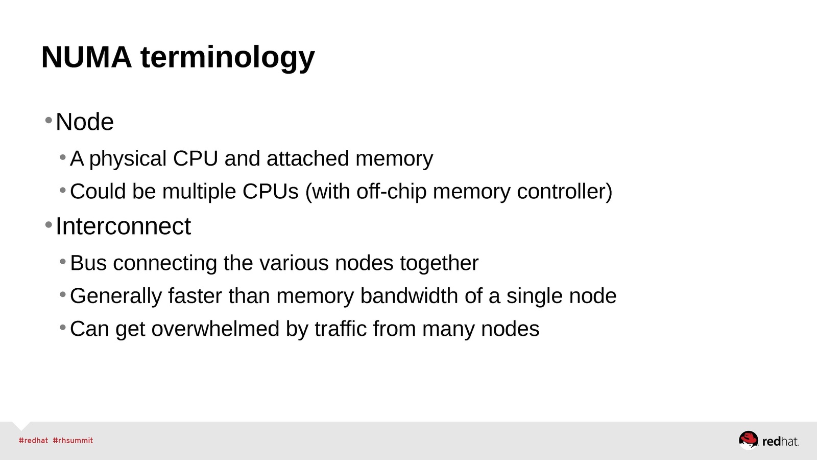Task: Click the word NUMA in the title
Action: [86, 57]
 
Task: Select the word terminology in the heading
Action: [227, 58]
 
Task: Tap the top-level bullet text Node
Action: [85, 122]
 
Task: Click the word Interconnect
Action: [123, 226]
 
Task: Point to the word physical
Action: [128, 159]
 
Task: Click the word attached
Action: [308, 158]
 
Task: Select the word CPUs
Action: [270, 192]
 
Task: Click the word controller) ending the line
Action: [564, 192]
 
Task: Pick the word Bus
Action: [88, 263]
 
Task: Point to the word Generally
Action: [116, 296]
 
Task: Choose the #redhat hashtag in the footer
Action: [33, 441]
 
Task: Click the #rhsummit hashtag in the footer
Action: [73, 441]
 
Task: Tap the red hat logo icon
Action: [749, 440]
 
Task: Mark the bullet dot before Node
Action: [49, 121]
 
